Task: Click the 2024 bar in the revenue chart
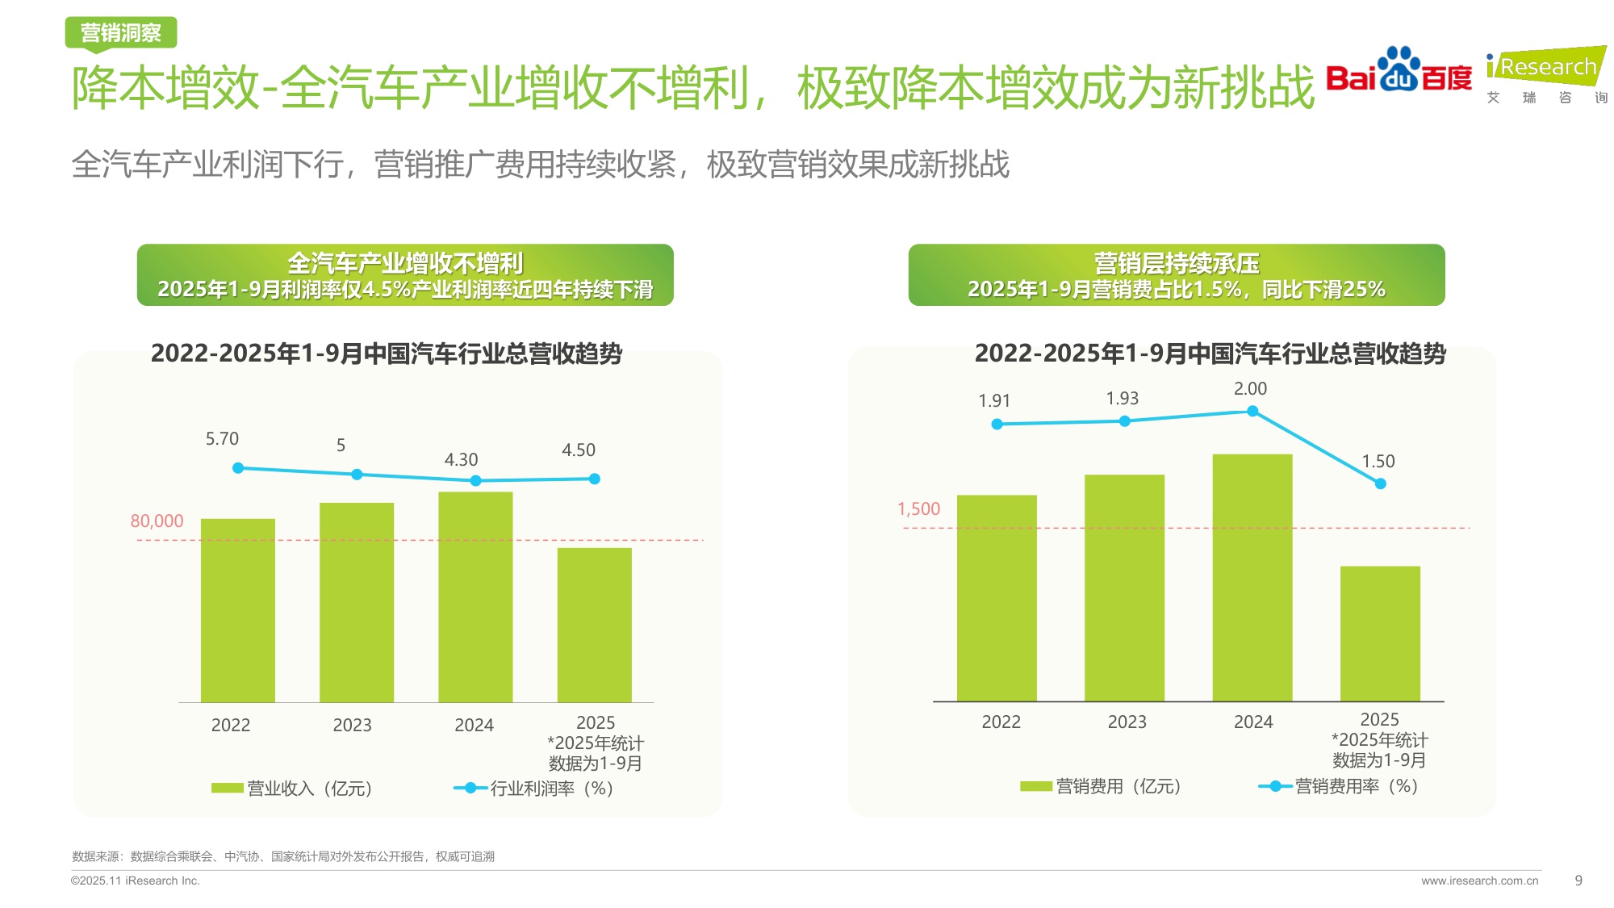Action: pyautogui.click(x=475, y=597)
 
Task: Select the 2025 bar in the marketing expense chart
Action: pyautogui.click(x=1380, y=634)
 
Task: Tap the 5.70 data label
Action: pyautogui.click(x=222, y=439)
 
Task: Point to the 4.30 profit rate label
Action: pyautogui.click(x=461, y=460)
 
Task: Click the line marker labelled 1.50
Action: pyautogui.click(x=1380, y=483)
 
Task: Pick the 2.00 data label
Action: pyautogui.click(x=1250, y=389)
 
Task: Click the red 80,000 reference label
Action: pyautogui.click(x=157, y=521)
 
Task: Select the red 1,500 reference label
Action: pyautogui.click(x=918, y=509)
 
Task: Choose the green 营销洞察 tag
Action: pyautogui.click(x=121, y=33)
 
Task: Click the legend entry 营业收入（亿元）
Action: pyautogui.click(x=292, y=789)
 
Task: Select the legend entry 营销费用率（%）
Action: pyautogui.click(x=1340, y=786)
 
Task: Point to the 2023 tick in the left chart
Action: pyautogui.click(x=352, y=726)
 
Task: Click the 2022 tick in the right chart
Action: pyautogui.click(x=1001, y=722)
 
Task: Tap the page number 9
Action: pyautogui.click(x=1578, y=881)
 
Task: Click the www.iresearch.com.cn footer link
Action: pyautogui.click(x=1479, y=881)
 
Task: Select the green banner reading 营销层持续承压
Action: pyautogui.click(x=1176, y=275)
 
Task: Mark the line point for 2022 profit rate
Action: pyautogui.click(x=238, y=468)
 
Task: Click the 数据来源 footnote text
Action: pyautogui.click(x=282, y=856)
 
